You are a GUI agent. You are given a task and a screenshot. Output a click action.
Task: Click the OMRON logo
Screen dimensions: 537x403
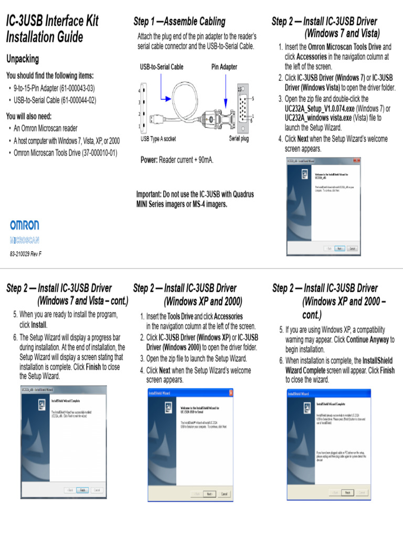coord(24,225)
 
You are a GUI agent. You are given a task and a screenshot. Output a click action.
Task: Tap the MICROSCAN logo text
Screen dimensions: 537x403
coord(24,241)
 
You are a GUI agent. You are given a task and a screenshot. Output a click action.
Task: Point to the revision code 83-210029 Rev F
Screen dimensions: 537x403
coord(26,254)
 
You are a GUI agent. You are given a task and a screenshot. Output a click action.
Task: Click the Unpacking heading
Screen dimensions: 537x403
coord(22,59)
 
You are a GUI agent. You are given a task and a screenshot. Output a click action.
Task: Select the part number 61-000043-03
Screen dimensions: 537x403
coord(78,88)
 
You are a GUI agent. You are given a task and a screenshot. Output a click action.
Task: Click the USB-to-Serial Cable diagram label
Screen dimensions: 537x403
coord(161,67)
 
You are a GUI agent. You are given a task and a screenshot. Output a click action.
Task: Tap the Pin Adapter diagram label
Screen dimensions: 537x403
coord(224,67)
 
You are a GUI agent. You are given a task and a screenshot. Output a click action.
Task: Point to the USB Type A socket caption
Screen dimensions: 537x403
coord(158,139)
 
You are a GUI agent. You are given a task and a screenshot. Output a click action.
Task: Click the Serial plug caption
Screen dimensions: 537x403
coord(239,139)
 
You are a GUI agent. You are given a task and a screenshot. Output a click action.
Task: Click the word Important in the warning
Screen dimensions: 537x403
coord(149,194)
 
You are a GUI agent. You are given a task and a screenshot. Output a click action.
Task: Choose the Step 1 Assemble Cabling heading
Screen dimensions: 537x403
coord(179,22)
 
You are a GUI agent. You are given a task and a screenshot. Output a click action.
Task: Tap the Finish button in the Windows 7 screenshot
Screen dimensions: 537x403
coord(82,490)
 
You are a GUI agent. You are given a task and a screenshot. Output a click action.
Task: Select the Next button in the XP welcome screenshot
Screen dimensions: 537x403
coord(209,494)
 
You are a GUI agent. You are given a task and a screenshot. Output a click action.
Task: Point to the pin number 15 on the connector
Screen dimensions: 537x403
coord(240,90)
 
